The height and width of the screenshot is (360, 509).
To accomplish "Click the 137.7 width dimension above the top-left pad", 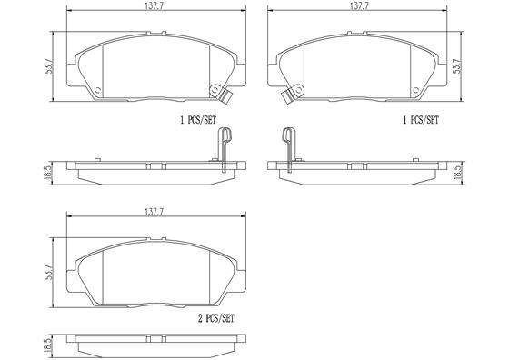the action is click(x=154, y=6).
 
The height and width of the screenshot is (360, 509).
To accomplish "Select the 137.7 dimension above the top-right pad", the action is click(x=359, y=6).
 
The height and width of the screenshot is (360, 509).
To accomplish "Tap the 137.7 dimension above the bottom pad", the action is click(x=154, y=213).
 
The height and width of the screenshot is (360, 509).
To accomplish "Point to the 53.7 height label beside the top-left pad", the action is click(x=49, y=66).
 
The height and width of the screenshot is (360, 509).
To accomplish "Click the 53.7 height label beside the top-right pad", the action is click(x=457, y=66).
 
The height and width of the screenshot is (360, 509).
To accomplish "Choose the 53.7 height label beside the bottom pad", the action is click(x=49, y=273).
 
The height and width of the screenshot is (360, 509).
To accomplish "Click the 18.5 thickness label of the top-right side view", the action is click(x=460, y=173).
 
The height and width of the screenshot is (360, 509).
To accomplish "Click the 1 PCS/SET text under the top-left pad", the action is click(x=198, y=120).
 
